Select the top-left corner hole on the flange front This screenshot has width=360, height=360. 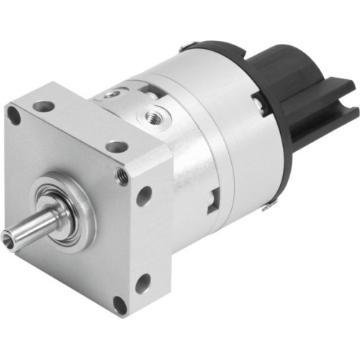click(x=14, y=115)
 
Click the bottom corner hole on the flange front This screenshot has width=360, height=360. click(x=120, y=304)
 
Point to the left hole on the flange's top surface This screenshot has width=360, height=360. click(x=44, y=106)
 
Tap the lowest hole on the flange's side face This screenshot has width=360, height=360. click(x=143, y=283)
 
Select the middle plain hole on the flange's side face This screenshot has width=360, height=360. click(x=145, y=193)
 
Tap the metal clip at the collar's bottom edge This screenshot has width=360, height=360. click(x=267, y=207)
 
